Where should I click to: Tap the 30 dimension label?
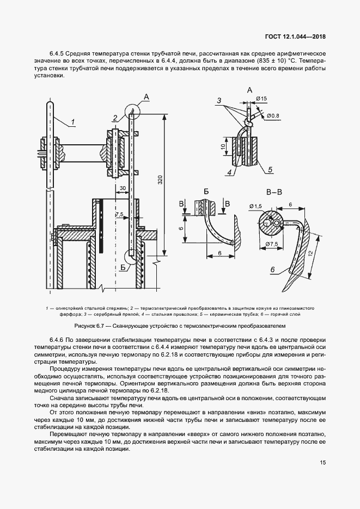click(x=123, y=187)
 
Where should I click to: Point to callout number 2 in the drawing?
click(x=115, y=118)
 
